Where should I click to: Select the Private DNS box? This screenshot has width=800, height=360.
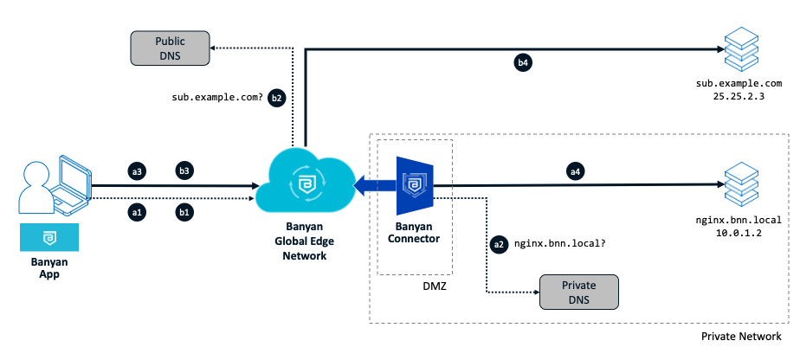[579, 292]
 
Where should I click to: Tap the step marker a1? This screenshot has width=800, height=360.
[136, 211]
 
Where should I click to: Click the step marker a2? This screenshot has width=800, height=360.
[498, 245]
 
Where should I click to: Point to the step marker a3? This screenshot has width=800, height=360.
[136, 171]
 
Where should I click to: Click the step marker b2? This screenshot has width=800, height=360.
[276, 98]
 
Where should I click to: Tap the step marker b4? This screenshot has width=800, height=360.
[522, 62]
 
